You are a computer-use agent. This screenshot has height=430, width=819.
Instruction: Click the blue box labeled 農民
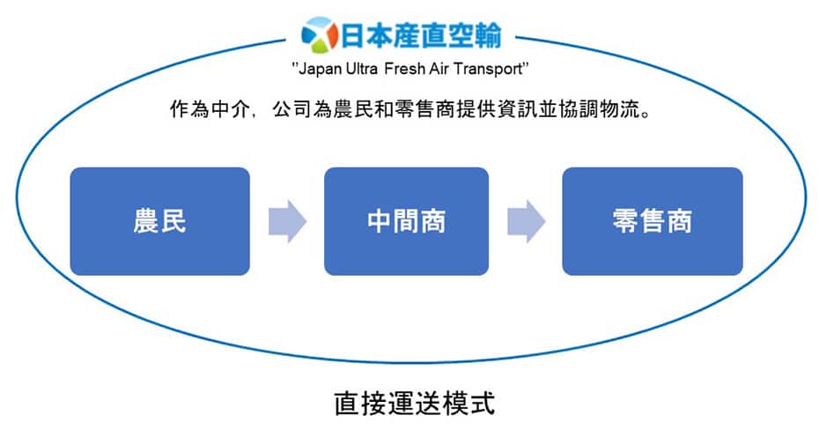point(159,221)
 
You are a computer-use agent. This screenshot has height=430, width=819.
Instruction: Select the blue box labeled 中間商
point(406,221)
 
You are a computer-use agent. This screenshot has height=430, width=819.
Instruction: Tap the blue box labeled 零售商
point(652,221)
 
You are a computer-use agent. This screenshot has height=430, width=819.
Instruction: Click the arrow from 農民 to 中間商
point(287,221)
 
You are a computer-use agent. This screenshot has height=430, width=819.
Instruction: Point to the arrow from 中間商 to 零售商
point(527,221)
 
